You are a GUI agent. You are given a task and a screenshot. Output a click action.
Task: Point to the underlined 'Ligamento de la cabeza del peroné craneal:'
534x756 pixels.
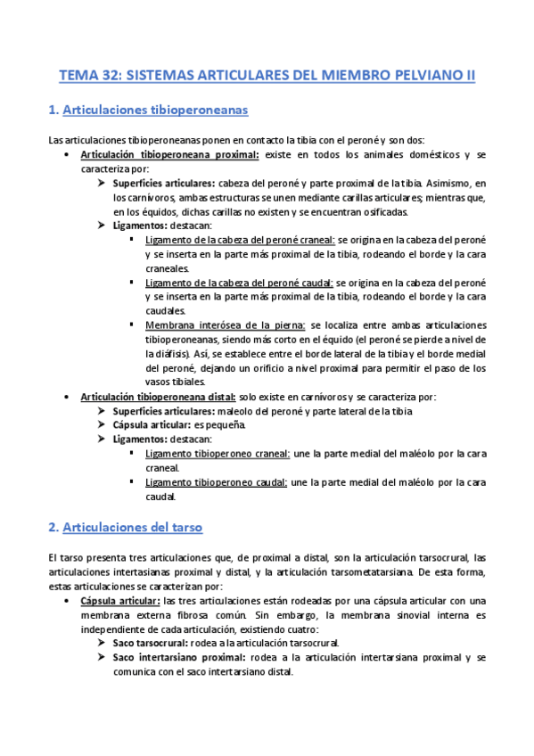[x=240, y=240]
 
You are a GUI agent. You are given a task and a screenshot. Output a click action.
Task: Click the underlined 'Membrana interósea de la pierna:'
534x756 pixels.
[x=226, y=325]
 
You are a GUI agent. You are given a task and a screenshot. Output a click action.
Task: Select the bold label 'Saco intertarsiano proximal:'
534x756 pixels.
[x=178, y=657]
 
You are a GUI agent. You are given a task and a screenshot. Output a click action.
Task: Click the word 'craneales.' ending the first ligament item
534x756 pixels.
[x=167, y=268]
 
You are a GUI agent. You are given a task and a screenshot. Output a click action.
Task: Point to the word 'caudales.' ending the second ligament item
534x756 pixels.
[x=166, y=311]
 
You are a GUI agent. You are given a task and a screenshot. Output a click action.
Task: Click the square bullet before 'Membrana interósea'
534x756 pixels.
[x=133, y=325]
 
